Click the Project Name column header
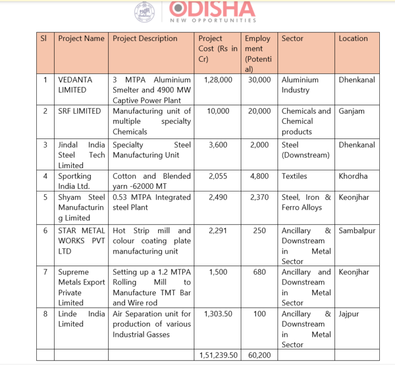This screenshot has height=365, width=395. pyautogui.click(x=81, y=38)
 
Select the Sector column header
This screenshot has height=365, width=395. pyautogui.click(x=293, y=38)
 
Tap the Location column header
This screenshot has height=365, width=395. pyautogui.click(x=353, y=38)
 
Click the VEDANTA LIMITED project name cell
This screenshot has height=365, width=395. pyautogui.click(x=76, y=85)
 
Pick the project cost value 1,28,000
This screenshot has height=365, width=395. pyautogui.click(x=218, y=79)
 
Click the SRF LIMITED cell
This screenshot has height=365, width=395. pyautogui.click(x=80, y=111)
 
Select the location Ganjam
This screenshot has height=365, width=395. pyautogui.click(x=352, y=111)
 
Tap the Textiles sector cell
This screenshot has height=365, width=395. pyautogui.click(x=294, y=176)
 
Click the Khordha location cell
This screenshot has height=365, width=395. pyautogui.click(x=353, y=176)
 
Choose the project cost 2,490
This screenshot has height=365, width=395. pyautogui.click(x=219, y=197)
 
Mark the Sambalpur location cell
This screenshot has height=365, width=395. pyautogui.click(x=357, y=231)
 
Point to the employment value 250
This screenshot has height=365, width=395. pyautogui.click(x=260, y=231)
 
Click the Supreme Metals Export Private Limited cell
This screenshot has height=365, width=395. pyautogui.click(x=80, y=287)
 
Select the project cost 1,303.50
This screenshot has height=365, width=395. pyautogui.click(x=218, y=314)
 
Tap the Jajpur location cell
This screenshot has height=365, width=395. pyautogui.click(x=349, y=314)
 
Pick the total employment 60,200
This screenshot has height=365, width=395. pyautogui.click(x=259, y=355)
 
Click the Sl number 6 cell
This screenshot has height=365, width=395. pyautogui.click(x=45, y=231)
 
